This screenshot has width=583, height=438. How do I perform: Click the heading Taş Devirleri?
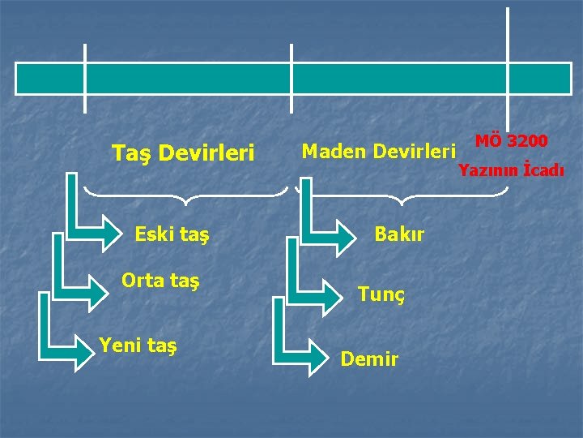click(183, 152)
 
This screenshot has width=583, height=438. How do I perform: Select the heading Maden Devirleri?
click(378, 151)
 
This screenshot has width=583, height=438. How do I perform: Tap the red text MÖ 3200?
click(511, 140)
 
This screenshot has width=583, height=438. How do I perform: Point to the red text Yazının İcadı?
click(511, 170)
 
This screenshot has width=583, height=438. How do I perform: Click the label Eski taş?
click(172, 235)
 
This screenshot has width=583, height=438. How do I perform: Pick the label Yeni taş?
click(138, 346)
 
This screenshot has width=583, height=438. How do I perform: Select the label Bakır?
click(399, 234)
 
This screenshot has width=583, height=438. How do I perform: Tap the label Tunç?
click(381, 294)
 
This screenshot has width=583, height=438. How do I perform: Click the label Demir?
click(369, 358)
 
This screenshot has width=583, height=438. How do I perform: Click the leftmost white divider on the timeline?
click(85, 78)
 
